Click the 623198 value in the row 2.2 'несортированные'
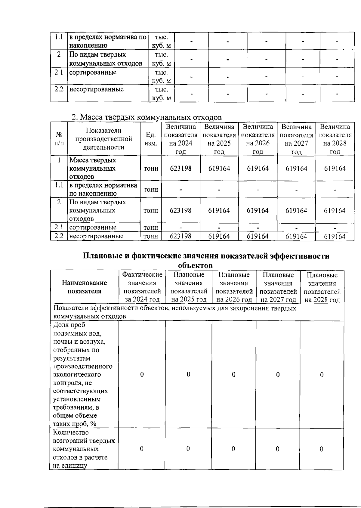point(180,236)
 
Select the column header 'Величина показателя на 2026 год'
point(258,139)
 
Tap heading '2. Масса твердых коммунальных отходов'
point(147,117)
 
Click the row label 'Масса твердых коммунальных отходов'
point(93,168)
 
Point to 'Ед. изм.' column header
point(151,139)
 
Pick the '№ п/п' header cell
point(59,139)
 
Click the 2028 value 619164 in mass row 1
point(335,168)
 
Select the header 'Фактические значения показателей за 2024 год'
point(142,287)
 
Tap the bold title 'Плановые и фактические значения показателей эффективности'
point(206,256)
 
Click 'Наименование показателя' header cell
point(85,287)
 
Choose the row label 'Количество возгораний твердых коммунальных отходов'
point(84,449)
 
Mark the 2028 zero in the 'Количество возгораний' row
point(321,449)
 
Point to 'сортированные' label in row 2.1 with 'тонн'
point(93,228)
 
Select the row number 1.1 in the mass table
point(59,185)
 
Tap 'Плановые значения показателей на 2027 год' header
point(278,287)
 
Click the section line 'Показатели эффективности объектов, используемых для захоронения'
point(174,308)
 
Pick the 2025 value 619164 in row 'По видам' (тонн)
point(219,210)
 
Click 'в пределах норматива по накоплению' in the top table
point(108,41)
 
